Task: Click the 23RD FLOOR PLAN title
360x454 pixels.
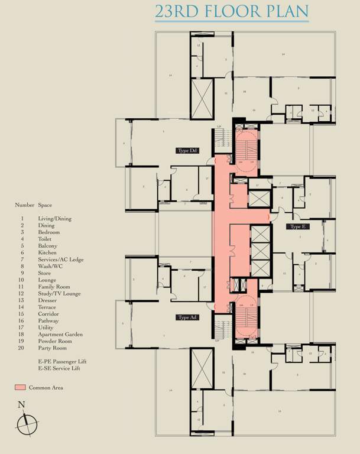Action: (x=232, y=11)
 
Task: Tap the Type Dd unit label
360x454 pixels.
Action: (x=187, y=150)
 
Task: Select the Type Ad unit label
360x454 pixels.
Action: (x=187, y=317)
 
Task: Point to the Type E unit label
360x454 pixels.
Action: (x=296, y=226)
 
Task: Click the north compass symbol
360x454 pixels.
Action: (x=27, y=424)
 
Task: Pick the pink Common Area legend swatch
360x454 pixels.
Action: (x=20, y=388)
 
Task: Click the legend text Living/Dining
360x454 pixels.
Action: (x=54, y=219)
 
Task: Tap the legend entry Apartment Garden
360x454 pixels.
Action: (x=60, y=335)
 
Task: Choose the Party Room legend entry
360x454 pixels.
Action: (x=53, y=348)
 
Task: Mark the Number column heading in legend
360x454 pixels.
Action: (x=24, y=205)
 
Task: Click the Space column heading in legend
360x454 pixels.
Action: (x=46, y=205)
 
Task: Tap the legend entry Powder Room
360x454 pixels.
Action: (x=54, y=341)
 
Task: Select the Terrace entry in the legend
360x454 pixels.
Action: (x=47, y=307)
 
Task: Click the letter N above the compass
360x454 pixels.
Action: (x=21, y=405)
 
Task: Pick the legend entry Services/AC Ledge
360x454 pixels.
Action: (x=60, y=260)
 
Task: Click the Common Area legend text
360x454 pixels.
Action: (x=46, y=388)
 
